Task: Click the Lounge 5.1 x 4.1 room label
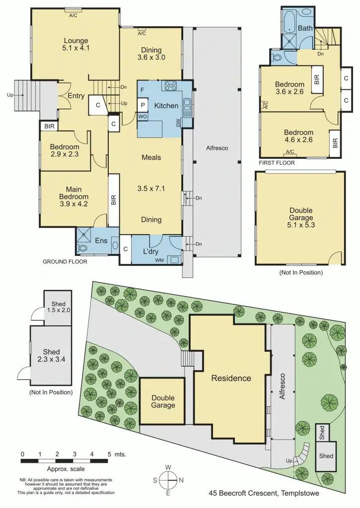tap(76, 45)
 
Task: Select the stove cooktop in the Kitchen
tap(171, 86)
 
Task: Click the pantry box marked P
tap(143, 105)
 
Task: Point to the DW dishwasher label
tap(178, 123)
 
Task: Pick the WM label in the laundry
tap(160, 260)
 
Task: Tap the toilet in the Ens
tap(83, 248)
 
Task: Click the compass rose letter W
tap(168, 467)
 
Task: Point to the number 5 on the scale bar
tap(109, 454)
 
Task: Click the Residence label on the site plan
tap(231, 378)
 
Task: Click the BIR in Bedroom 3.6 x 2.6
tap(316, 79)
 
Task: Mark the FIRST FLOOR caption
tap(277, 163)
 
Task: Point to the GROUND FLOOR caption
tap(65, 261)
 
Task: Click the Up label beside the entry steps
tap(9, 95)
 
